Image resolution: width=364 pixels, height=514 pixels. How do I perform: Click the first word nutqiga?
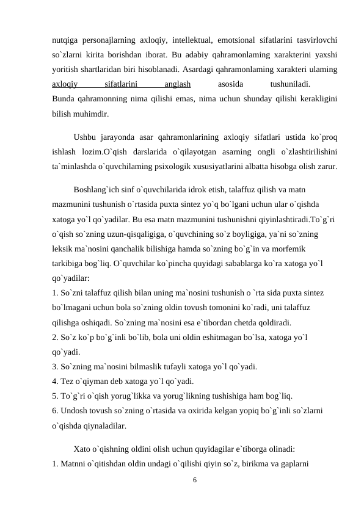66,40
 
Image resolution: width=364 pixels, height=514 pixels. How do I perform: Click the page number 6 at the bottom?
195,480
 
